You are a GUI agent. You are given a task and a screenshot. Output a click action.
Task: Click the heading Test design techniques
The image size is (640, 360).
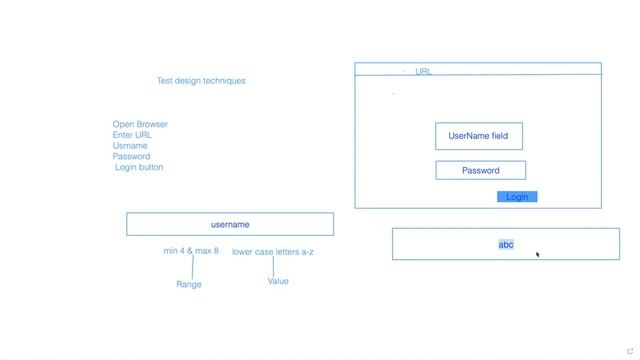(x=201, y=81)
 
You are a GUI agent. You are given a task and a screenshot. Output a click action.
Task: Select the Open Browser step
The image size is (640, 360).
(x=140, y=125)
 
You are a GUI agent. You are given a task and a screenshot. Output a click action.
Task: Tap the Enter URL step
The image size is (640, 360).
(x=132, y=135)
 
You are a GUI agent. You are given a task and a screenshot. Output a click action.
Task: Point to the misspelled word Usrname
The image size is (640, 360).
(x=131, y=146)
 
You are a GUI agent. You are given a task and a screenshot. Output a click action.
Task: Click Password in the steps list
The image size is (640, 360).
(x=131, y=157)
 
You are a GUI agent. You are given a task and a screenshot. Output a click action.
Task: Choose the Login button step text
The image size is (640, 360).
(x=139, y=168)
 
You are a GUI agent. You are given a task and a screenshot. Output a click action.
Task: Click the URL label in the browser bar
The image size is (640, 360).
(x=423, y=72)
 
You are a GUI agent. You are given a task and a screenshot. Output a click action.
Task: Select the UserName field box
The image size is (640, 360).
(x=478, y=136)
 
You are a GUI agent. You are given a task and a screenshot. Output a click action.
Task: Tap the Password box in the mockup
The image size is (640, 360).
(x=480, y=171)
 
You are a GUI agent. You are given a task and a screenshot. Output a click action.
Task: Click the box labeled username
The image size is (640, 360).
(x=230, y=225)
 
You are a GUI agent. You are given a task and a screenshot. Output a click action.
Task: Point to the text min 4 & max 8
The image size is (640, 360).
(x=191, y=251)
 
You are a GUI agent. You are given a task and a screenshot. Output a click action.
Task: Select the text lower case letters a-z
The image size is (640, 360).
(x=273, y=252)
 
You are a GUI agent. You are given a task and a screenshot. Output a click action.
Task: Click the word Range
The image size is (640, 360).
(x=189, y=285)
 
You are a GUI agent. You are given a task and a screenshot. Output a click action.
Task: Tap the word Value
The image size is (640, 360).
(x=278, y=282)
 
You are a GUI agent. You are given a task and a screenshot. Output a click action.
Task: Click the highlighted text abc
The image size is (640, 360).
(x=506, y=244)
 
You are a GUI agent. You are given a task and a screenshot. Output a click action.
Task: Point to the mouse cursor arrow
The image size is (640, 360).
(x=538, y=255)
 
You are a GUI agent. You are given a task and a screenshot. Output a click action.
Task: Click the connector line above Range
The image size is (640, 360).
(x=192, y=267)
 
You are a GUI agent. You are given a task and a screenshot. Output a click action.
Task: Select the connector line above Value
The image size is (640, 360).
(x=273, y=266)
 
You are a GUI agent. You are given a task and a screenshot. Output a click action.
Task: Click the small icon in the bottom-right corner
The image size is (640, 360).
(x=629, y=351)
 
